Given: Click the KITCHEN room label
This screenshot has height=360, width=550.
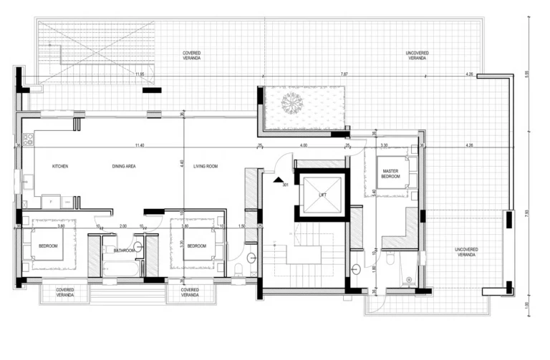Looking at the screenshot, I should coord(60,166).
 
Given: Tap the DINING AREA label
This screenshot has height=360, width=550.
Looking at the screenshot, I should coord(124,166).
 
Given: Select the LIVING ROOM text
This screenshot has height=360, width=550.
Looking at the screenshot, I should coord(206,166).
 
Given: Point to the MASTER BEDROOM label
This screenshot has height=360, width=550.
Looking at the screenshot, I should coord(390,174).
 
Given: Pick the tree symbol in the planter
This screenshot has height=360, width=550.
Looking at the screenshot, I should coord(291,104).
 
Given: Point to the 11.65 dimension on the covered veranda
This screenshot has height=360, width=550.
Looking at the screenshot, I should coord(139,74).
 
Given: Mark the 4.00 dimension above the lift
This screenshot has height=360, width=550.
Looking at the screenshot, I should coord(304,145).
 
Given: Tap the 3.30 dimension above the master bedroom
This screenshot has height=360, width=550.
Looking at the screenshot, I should coord(384,145).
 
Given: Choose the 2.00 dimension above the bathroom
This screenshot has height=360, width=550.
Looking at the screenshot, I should coord(122,225).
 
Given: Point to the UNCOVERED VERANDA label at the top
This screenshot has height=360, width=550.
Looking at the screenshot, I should coord(418,55).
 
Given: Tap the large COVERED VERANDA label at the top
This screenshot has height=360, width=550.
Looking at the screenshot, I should coord(190,55).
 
